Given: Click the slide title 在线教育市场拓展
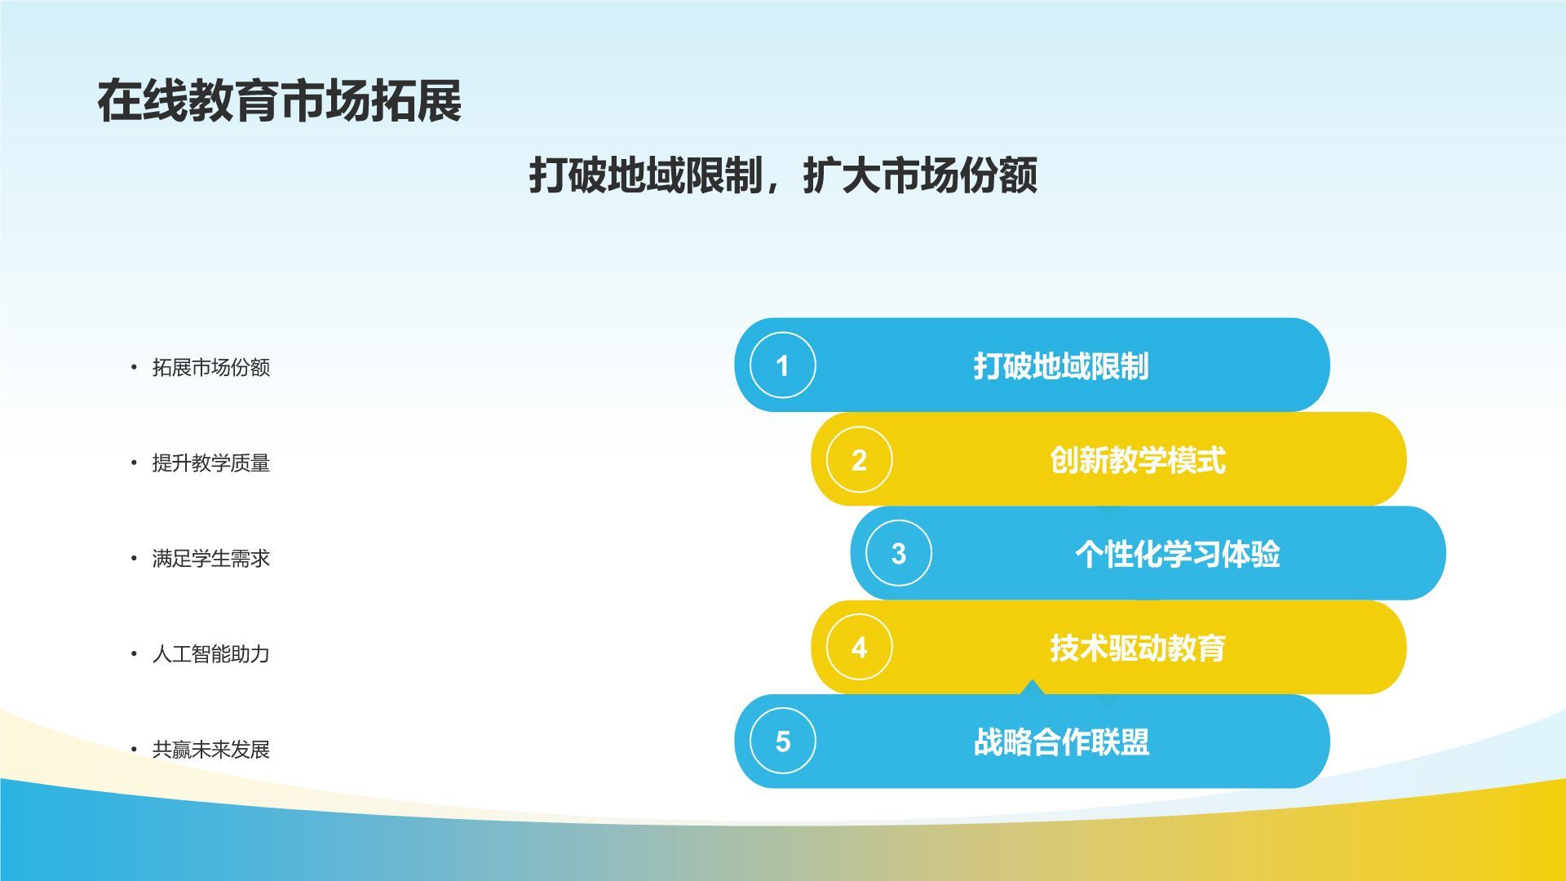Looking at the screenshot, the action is (280, 101).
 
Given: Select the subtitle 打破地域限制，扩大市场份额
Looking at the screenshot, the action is (783, 175).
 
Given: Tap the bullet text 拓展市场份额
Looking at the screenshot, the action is (211, 368).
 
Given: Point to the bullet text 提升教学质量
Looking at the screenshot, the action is (211, 463).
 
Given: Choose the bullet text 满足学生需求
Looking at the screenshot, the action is (211, 559).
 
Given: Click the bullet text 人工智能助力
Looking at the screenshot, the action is (211, 654).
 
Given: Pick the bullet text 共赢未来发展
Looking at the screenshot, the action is (211, 750).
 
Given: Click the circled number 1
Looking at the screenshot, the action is (783, 365).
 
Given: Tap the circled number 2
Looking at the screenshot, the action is (859, 460).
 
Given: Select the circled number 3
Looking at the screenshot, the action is (899, 554).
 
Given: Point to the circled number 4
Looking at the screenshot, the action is (859, 648).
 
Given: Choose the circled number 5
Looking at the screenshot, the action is (783, 742).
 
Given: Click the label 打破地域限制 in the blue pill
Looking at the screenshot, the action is (1061, 366).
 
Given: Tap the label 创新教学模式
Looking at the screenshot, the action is (1138, 461).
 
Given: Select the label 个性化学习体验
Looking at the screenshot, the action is (1178, 555).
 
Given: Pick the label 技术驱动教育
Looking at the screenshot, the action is (1138, 649).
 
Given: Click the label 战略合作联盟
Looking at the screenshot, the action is (1061, 742).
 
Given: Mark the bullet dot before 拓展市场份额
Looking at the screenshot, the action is (134, 368).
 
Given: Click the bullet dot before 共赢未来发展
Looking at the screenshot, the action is (134, 750).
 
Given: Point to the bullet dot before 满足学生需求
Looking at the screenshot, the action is (134, 559).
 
